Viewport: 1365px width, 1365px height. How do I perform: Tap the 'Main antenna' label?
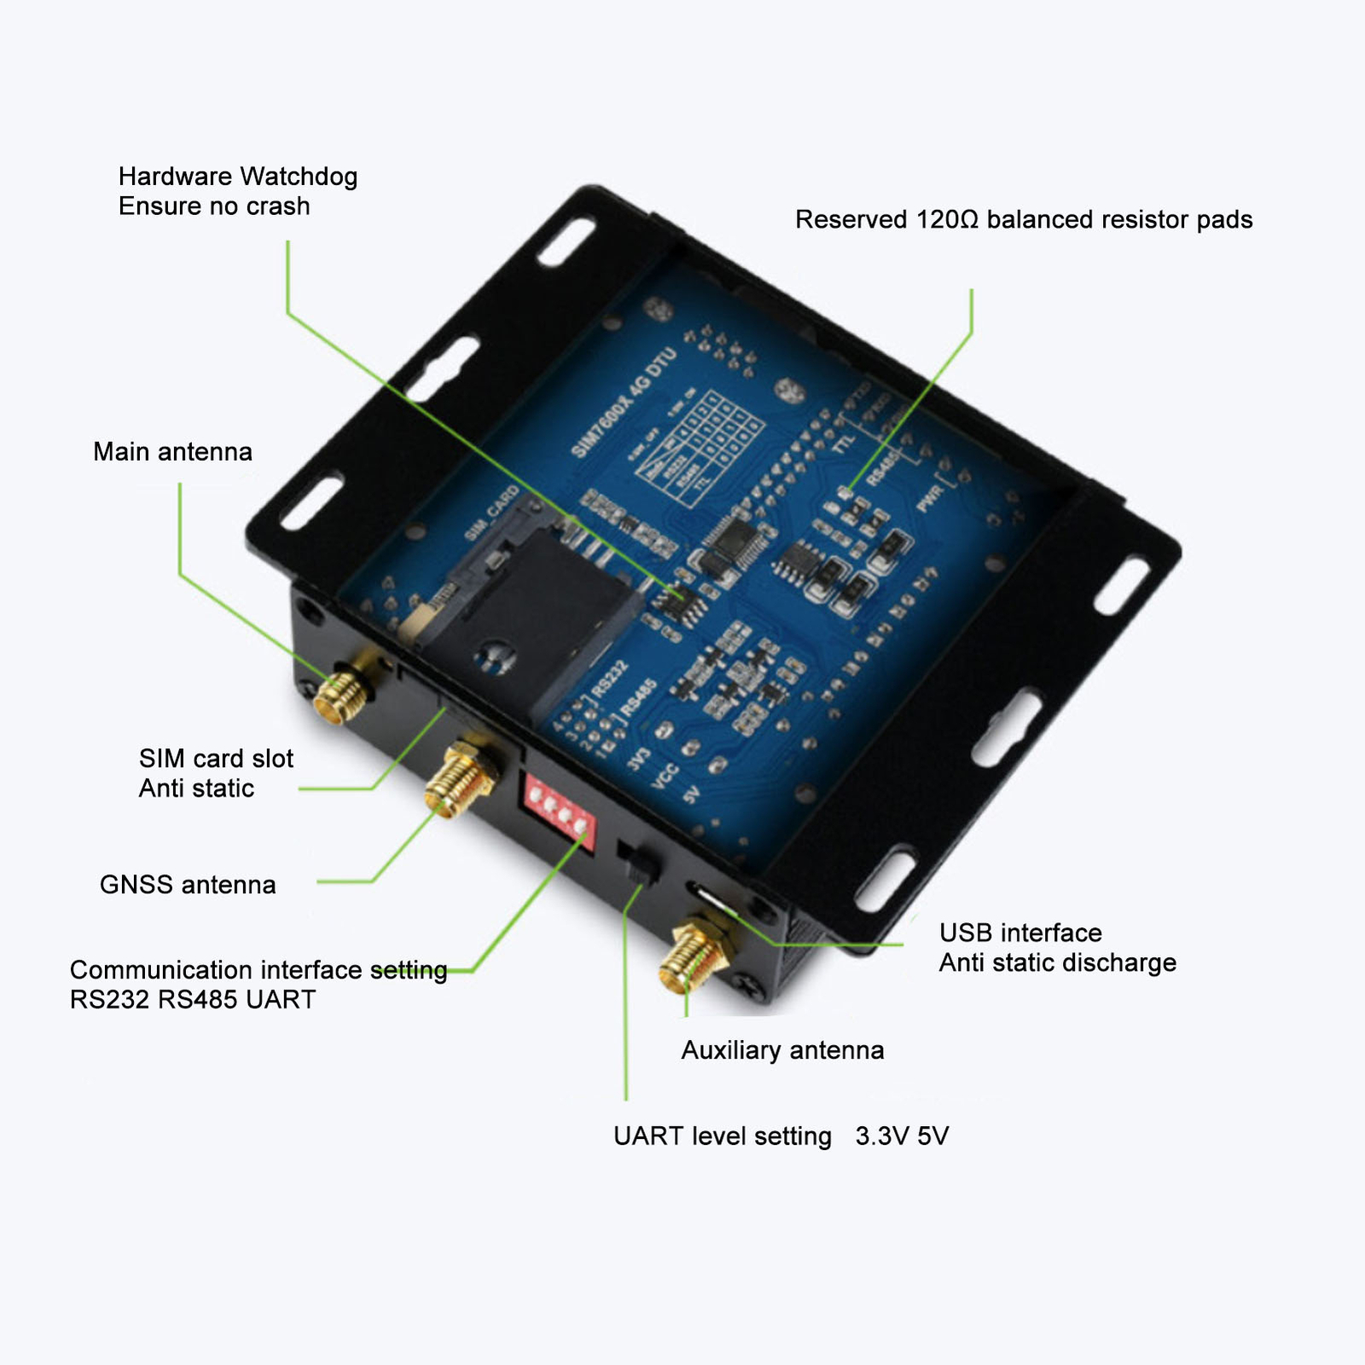click(x=172, y=451)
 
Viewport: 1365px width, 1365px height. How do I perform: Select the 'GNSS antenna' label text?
click(x=188, y=884)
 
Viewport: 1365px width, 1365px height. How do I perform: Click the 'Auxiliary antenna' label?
click(x=781, y=1049)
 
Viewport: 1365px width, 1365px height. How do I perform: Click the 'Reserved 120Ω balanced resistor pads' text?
click(x=1023, y=219)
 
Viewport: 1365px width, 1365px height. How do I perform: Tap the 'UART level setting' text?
click(x=722, y=1136)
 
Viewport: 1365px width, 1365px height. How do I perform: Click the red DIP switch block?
click(x=560, y=810)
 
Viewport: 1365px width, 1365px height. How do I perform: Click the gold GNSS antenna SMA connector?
click(x=461, y=778)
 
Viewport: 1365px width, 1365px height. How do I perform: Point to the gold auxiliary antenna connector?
click(x=693, y=957)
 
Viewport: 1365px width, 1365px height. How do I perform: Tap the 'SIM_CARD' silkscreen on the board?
click(x=492, y=513)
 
